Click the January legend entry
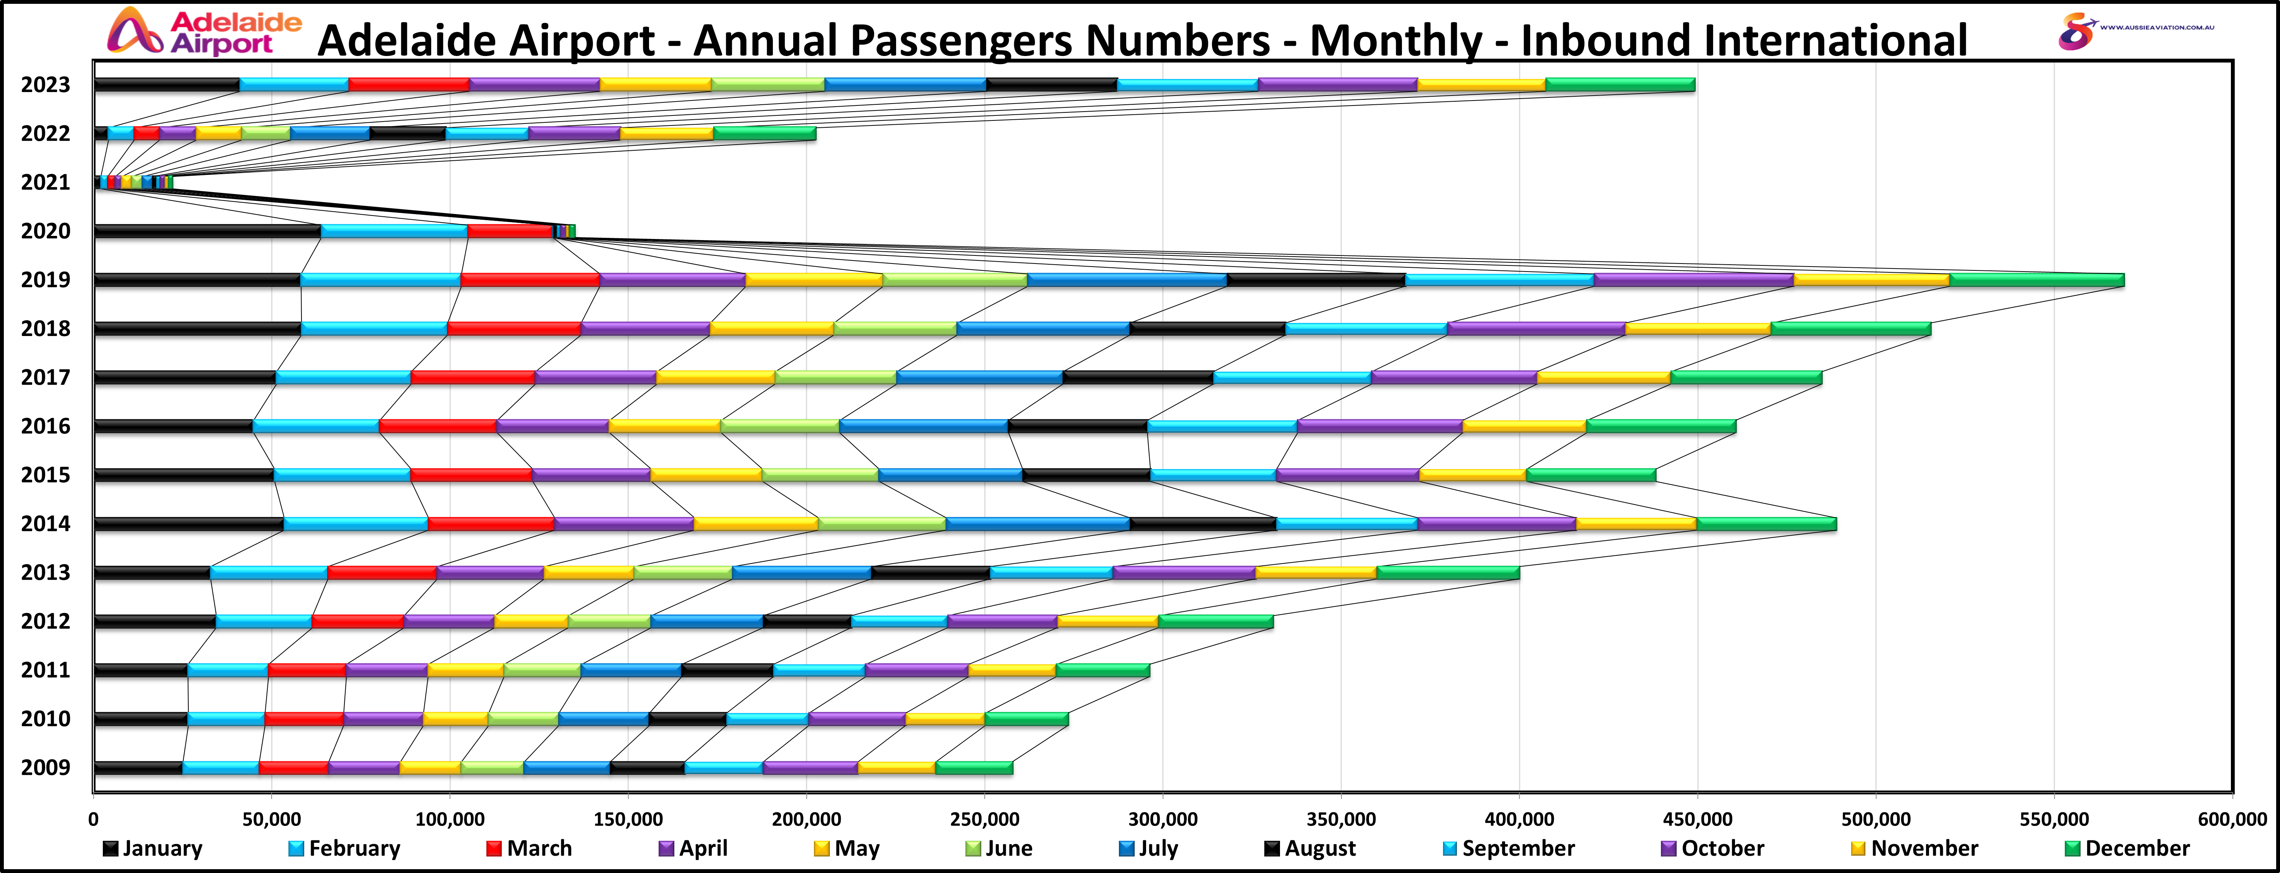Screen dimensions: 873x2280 click(x=153, y=848)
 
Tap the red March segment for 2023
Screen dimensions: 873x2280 click(x=409, y=85)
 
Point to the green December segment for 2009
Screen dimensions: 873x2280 click(x=974, y=768)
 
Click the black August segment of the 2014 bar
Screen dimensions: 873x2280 click(x=1203, y=524)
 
